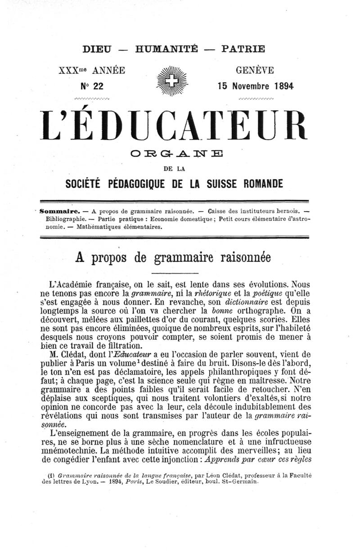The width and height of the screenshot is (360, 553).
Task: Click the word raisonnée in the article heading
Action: (x=242, y=258)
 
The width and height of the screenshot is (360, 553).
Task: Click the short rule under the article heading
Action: (x=173, y=274)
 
